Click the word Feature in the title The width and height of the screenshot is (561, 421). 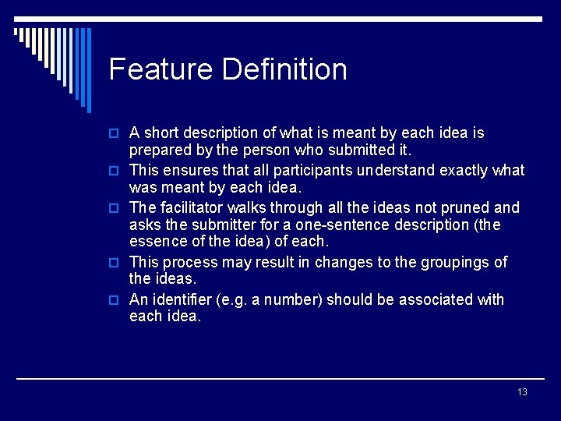coord(161,69)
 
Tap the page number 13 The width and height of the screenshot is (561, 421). coord(522,391)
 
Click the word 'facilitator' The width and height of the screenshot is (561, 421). coord(194,207)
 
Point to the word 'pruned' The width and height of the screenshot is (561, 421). coord(463,207)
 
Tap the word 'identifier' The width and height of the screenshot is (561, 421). coord(187,299)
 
